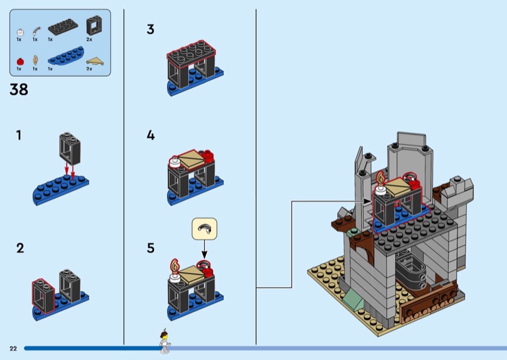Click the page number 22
coord(13,349)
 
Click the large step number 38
coord(19,89)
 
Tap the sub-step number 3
coord(150,29)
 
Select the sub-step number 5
coord(150,248)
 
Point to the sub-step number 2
coord(20,248)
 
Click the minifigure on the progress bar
coord(165,341)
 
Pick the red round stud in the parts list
coord(20,61)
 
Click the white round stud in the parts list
coord(20,32)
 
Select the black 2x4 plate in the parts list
coord(63,27)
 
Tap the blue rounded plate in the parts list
coord(66,56)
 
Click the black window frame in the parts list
coord(94,25)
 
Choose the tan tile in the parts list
coord(95,61)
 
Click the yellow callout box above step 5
coord(204,229)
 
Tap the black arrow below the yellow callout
coord(204,249)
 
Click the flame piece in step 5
coord(175,266)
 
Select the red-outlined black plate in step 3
coord(191,53)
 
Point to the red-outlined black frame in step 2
coord(43,296)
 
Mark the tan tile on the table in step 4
coord(191,158)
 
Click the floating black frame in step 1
coord(70,149)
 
